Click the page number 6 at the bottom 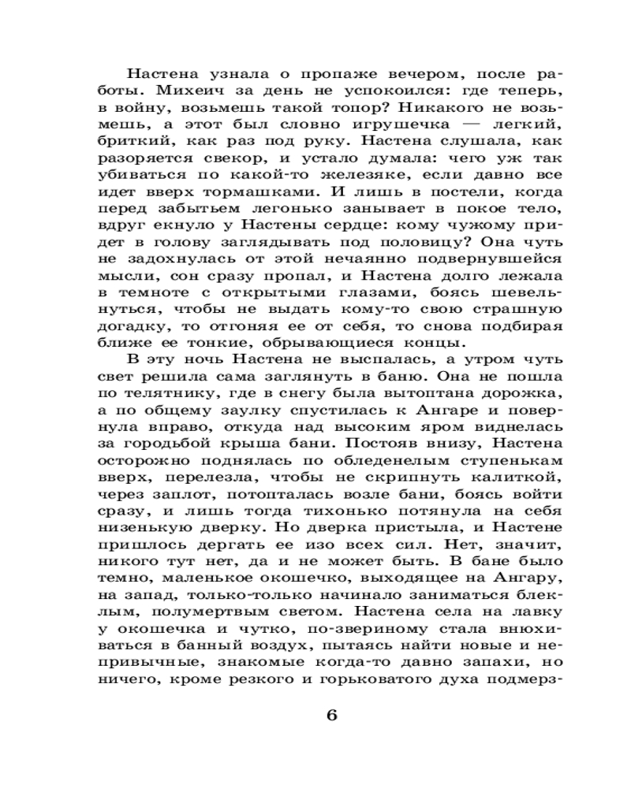pyautogui.click(x=331, y=715)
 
